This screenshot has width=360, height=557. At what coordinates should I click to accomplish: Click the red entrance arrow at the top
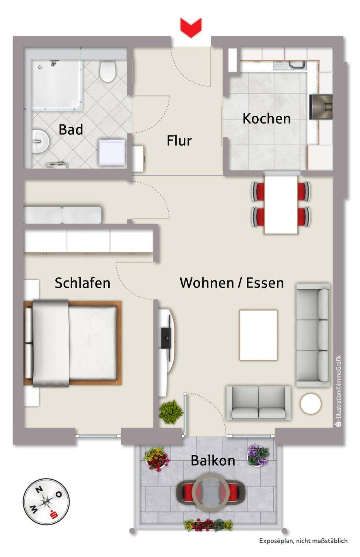tap(191, 27)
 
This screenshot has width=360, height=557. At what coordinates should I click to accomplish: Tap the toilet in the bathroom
tap(107, 71)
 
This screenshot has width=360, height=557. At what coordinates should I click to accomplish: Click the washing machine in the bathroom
tap(112, 152)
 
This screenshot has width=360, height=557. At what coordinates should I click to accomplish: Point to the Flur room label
tap(179, 141)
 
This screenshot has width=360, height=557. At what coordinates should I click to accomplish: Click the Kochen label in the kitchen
tap(266, 119)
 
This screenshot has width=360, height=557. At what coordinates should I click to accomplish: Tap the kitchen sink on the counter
tap(290, 65)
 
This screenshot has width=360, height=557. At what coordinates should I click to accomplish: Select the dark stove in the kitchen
tap(321, 107)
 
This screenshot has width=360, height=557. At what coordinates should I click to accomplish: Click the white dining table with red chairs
tap(281, 204)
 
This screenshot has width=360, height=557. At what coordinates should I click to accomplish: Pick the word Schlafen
tap(82, 283)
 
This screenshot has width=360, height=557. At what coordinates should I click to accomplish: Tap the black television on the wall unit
tap(166, 338)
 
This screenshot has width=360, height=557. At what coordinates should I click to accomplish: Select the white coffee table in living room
tap(258, 335)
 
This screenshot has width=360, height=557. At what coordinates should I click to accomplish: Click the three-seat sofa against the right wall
tap(313, 335)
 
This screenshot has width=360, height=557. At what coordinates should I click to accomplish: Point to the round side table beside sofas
tap(311, 403)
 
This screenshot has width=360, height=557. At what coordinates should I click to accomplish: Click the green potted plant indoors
tap(171, 412)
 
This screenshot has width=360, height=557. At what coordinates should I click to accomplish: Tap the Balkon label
tap(213, 461)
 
